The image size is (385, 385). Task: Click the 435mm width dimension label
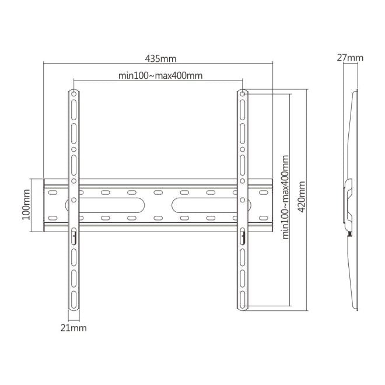tap(160, 58)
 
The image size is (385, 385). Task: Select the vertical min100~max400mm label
tap(286, 197)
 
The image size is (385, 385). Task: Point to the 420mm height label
tap(301, 197)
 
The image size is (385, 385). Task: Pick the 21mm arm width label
tap(73, 328)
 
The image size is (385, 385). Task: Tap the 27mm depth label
tap(350, 58)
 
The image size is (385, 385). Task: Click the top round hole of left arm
tap(74, 93)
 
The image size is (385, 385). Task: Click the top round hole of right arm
tap(242, 93)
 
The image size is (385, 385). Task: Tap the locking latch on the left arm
tap(74, 235)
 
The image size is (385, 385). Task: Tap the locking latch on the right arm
tap(242, 235)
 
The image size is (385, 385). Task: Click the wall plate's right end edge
tap(272, 204)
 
